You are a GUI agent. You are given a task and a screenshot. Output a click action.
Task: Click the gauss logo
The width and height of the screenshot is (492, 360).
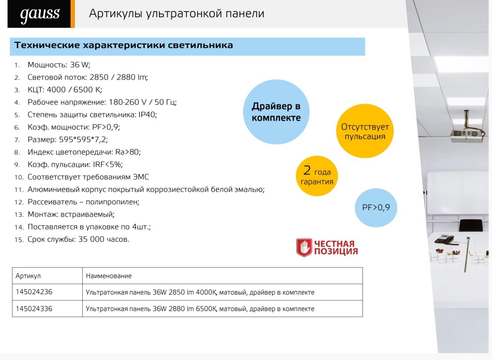(x=40, y=14)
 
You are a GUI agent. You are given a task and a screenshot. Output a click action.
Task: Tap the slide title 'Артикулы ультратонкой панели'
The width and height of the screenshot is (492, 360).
(x=177, y=13)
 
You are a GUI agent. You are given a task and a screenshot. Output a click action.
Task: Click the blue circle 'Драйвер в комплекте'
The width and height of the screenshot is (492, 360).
(x=276, y=112)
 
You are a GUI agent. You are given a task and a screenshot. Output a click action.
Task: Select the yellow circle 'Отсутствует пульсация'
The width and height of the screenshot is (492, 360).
(x=365, y=131)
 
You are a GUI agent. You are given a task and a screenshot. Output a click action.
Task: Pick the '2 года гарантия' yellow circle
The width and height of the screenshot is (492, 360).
(x=317, y=176)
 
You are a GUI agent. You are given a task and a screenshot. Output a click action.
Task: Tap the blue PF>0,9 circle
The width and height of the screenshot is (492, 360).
(x=376, y=207)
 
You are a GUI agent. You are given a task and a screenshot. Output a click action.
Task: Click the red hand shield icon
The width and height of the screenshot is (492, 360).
(x=304, y=247)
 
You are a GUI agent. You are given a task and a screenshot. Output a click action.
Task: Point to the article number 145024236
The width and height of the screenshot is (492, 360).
(x=34, y=292)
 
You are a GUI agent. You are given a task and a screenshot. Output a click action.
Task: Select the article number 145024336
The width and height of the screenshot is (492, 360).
(x=34, y=308)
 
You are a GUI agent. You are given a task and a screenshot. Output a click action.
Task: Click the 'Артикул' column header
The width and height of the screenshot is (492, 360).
(x=28, y=276)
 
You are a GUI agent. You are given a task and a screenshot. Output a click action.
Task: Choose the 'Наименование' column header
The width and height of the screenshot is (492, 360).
(x=109, y=276)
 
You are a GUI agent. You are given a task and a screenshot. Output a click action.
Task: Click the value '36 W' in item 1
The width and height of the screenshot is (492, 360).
(x=79, y=65)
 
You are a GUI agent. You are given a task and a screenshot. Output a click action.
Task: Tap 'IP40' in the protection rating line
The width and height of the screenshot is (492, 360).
(x=147, y=114)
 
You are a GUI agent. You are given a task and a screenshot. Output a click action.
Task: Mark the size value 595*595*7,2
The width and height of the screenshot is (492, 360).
(x=83, y=140)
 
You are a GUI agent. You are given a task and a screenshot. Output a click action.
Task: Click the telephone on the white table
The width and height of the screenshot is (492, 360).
(x=444, y=239)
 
